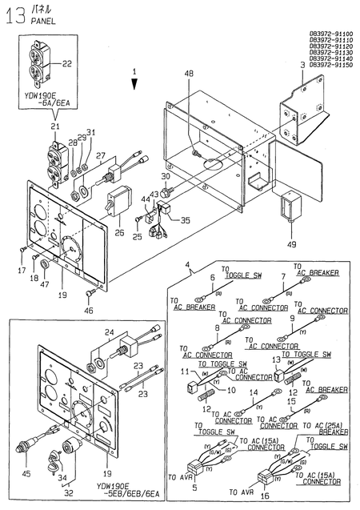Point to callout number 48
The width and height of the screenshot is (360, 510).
click(x=189, y=74)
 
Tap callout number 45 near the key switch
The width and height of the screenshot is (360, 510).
click(x=26, y=473)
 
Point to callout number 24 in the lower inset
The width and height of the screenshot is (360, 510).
click(x=110, y=334)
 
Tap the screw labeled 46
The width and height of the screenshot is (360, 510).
click(x=88, y=293)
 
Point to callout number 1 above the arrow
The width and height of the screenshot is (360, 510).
click(x=135, y=72)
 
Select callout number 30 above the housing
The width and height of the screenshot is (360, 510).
click(x=166, y=176)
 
